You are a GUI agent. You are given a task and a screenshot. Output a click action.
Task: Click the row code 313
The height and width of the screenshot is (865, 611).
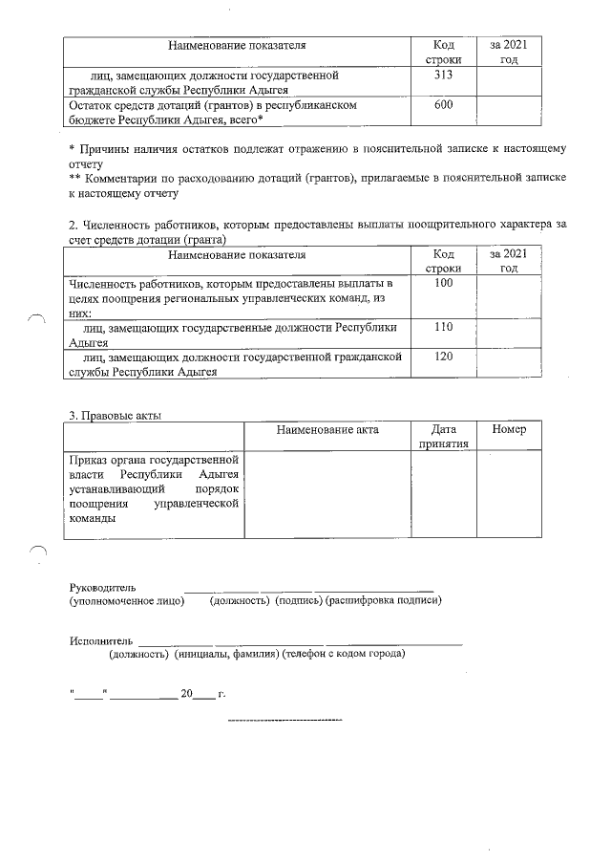(442, 75)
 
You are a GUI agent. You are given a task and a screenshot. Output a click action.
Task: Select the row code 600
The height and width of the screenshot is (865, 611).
(442, 105)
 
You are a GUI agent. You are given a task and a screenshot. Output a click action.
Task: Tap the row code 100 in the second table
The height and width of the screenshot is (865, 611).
(442, 285)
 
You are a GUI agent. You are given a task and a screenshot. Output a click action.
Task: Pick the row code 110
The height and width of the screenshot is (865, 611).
(442, 327)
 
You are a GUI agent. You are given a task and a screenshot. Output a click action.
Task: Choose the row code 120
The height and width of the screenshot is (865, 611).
(442, 357)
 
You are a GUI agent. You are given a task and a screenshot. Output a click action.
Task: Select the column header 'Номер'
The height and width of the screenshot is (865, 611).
(509, 430)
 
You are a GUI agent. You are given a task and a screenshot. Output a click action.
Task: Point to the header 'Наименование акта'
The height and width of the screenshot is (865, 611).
(327, 430)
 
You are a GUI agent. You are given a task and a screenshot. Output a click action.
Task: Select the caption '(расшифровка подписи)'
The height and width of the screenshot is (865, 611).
(383, 600)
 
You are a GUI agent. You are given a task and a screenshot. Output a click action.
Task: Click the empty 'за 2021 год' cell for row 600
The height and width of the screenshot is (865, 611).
(509, 112)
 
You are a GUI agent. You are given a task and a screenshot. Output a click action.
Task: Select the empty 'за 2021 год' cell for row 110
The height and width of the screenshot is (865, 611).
(509, 334)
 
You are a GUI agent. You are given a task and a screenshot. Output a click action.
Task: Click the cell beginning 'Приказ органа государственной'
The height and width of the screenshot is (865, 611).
(153, 487)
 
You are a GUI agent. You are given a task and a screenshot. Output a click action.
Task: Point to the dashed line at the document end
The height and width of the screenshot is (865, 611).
(286, 719)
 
